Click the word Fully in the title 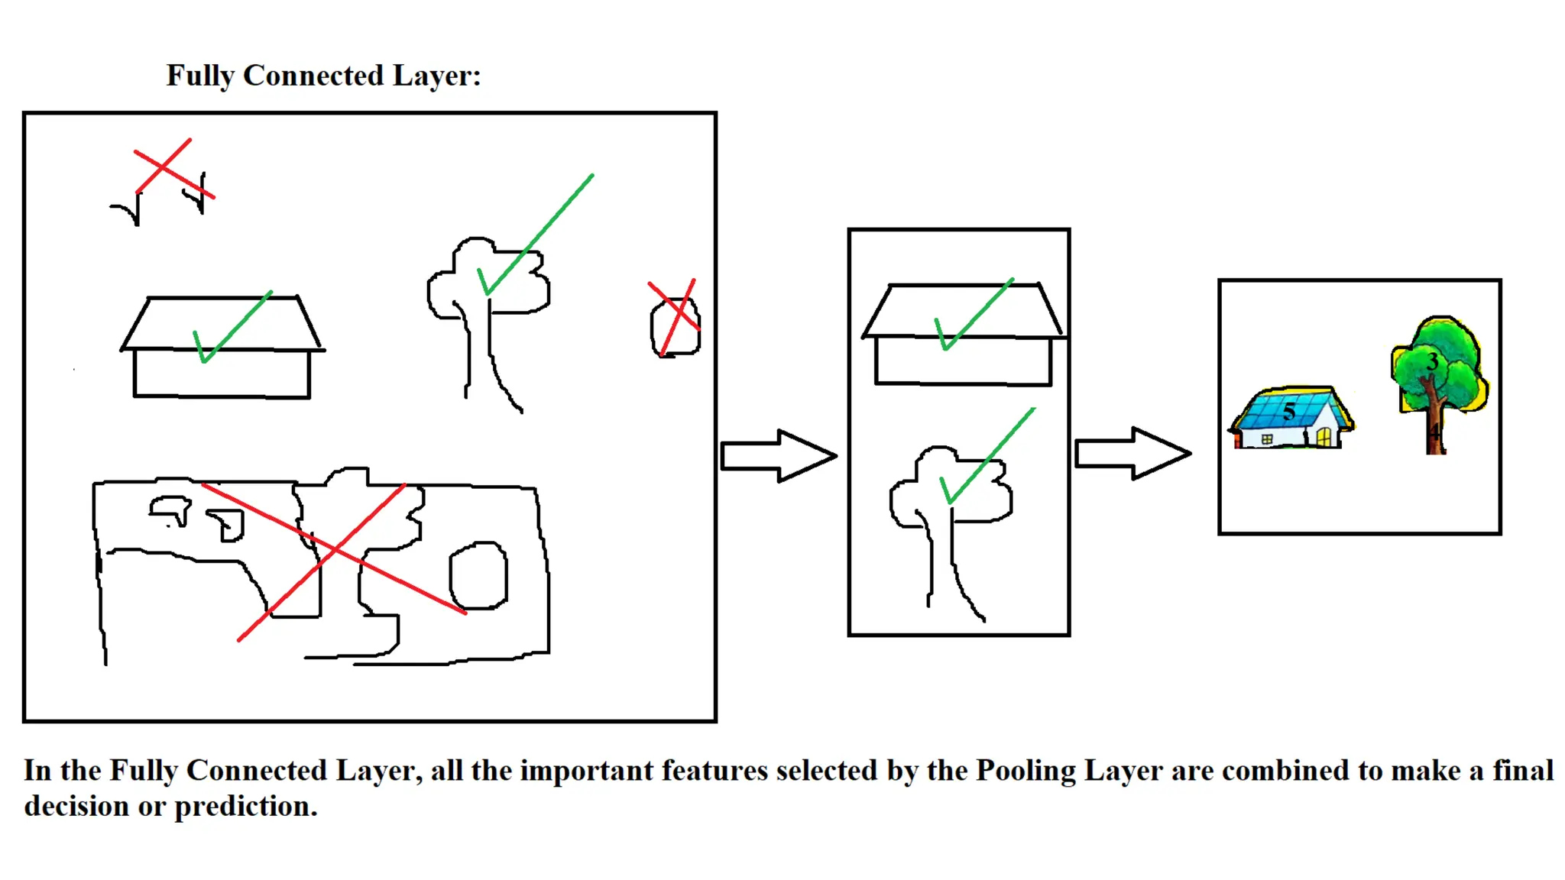200,76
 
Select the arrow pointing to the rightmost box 1132,453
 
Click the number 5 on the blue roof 1289,412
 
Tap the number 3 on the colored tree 1432,361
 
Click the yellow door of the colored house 1324,436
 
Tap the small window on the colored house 1266,439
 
